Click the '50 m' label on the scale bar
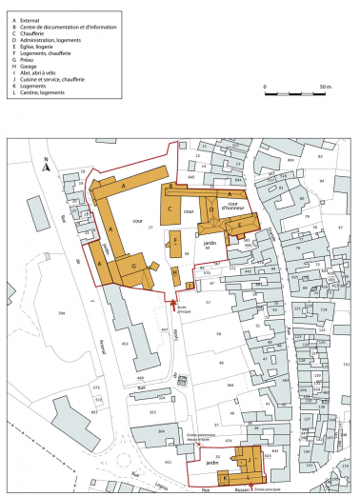[x=326, y=87]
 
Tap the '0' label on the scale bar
[x=264, y=87]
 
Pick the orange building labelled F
[x=176, y=244]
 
